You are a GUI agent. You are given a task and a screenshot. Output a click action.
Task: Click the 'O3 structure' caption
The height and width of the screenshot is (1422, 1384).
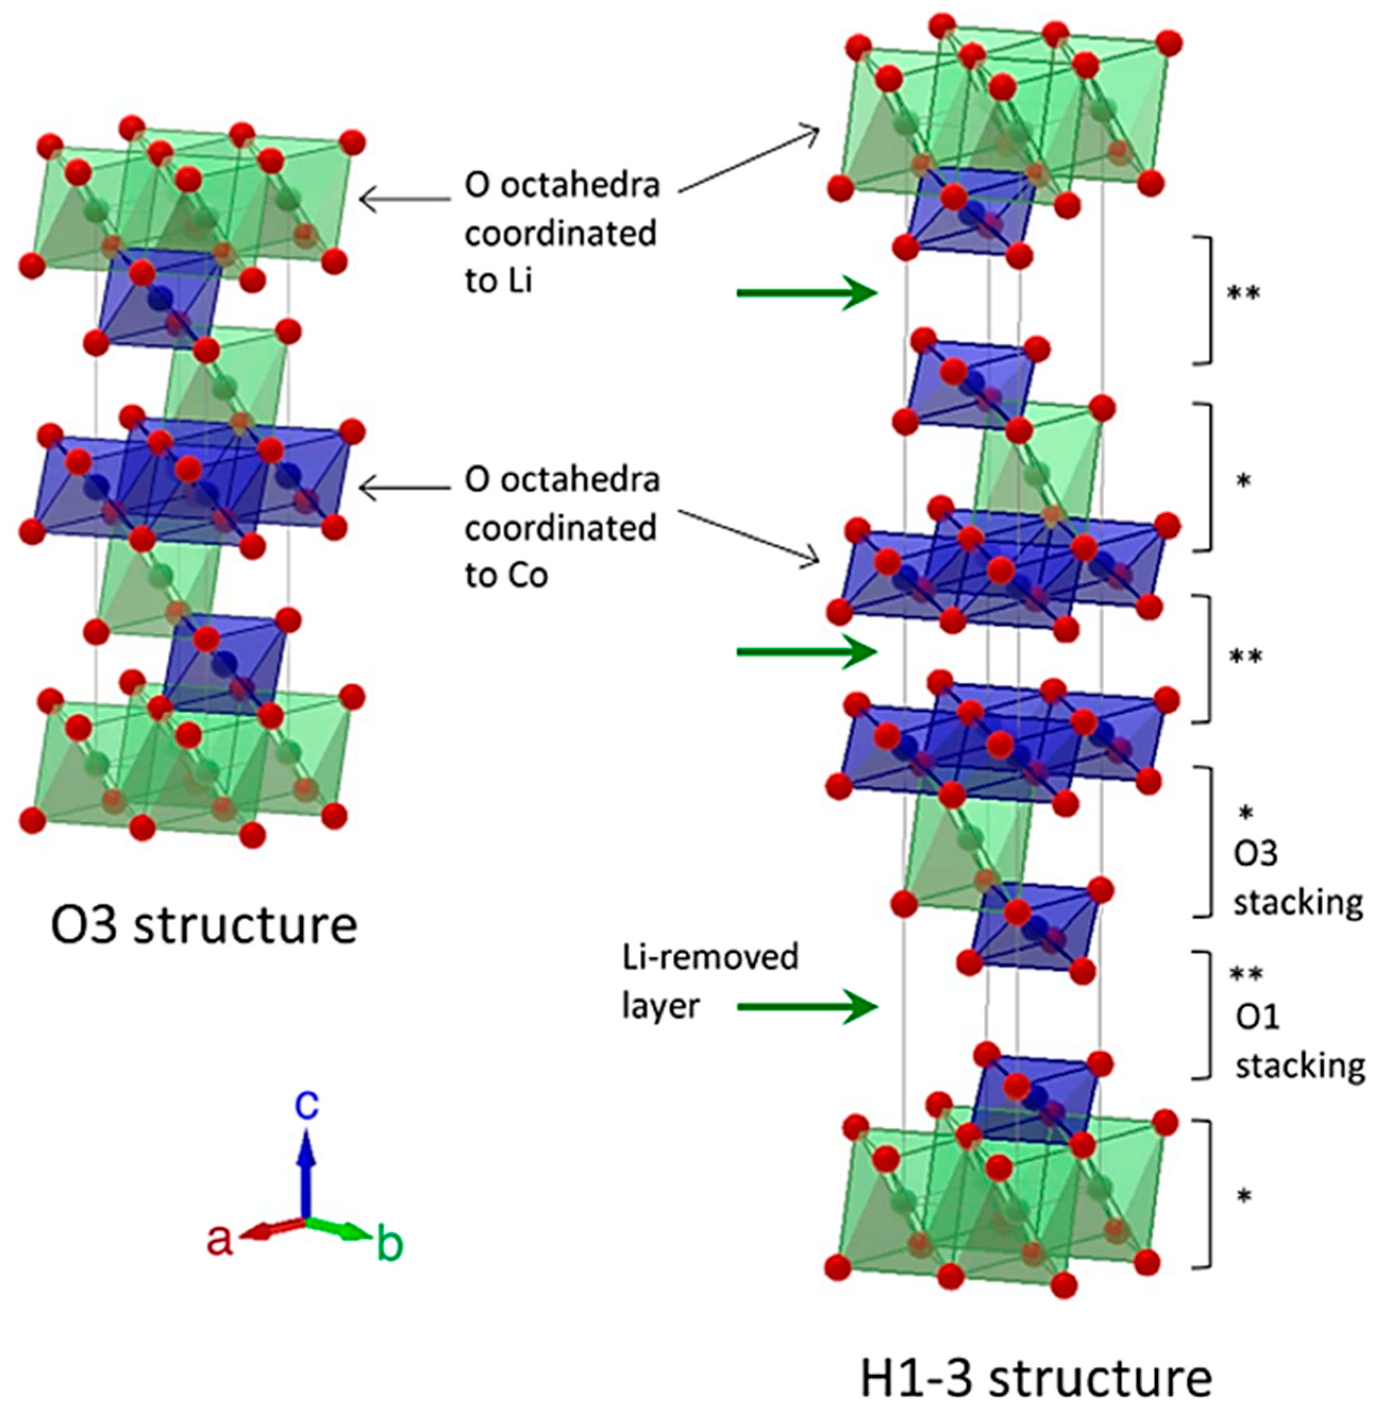coord(204,925)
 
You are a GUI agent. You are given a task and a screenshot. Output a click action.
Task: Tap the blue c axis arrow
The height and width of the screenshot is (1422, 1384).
coord(307,1177)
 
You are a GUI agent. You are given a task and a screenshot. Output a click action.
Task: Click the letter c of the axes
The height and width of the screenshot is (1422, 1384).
coord(307,1106)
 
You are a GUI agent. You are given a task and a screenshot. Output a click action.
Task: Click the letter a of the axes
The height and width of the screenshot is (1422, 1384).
coord(220,1240)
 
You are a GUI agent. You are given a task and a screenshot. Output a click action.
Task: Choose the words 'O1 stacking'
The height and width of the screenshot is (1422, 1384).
coord(1299,1042)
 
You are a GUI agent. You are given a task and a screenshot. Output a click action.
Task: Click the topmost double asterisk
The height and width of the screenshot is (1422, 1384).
coord(1244,294)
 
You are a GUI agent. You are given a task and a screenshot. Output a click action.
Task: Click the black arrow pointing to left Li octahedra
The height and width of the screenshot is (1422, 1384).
coord(405,198)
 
